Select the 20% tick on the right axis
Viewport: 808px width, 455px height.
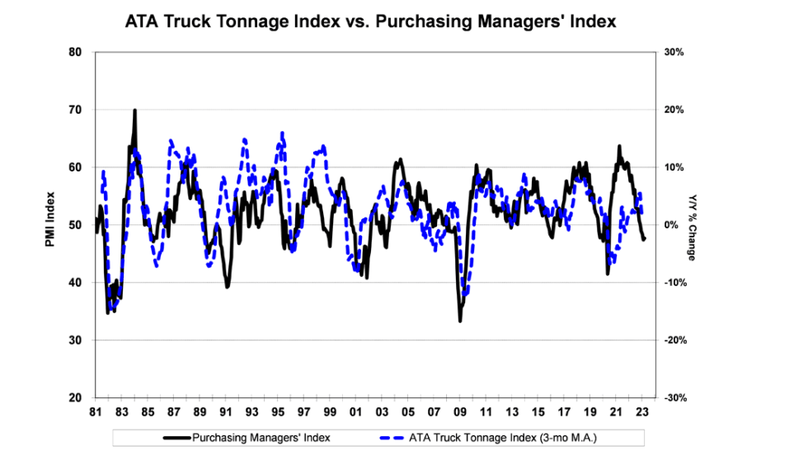(676, 110)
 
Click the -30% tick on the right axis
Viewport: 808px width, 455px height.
(674, 398)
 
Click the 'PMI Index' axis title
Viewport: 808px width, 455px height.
(51, 224)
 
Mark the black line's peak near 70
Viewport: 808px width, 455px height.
(134, 110)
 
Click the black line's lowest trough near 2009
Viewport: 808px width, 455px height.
(460, 321)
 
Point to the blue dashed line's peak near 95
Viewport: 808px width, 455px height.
(282, 132)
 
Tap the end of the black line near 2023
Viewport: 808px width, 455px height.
(645, 239)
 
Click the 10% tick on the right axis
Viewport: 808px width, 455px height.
(676, 167)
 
